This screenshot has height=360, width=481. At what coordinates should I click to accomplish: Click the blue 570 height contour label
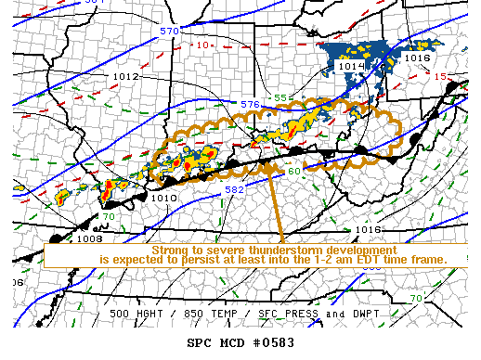point(168,32)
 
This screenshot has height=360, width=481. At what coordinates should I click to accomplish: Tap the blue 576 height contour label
point(250,104)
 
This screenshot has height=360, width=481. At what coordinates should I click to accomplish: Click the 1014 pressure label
point(351,66)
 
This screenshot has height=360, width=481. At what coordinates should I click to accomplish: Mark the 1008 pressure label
point(90,238)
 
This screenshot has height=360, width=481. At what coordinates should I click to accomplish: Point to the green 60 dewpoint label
point(293,171)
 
